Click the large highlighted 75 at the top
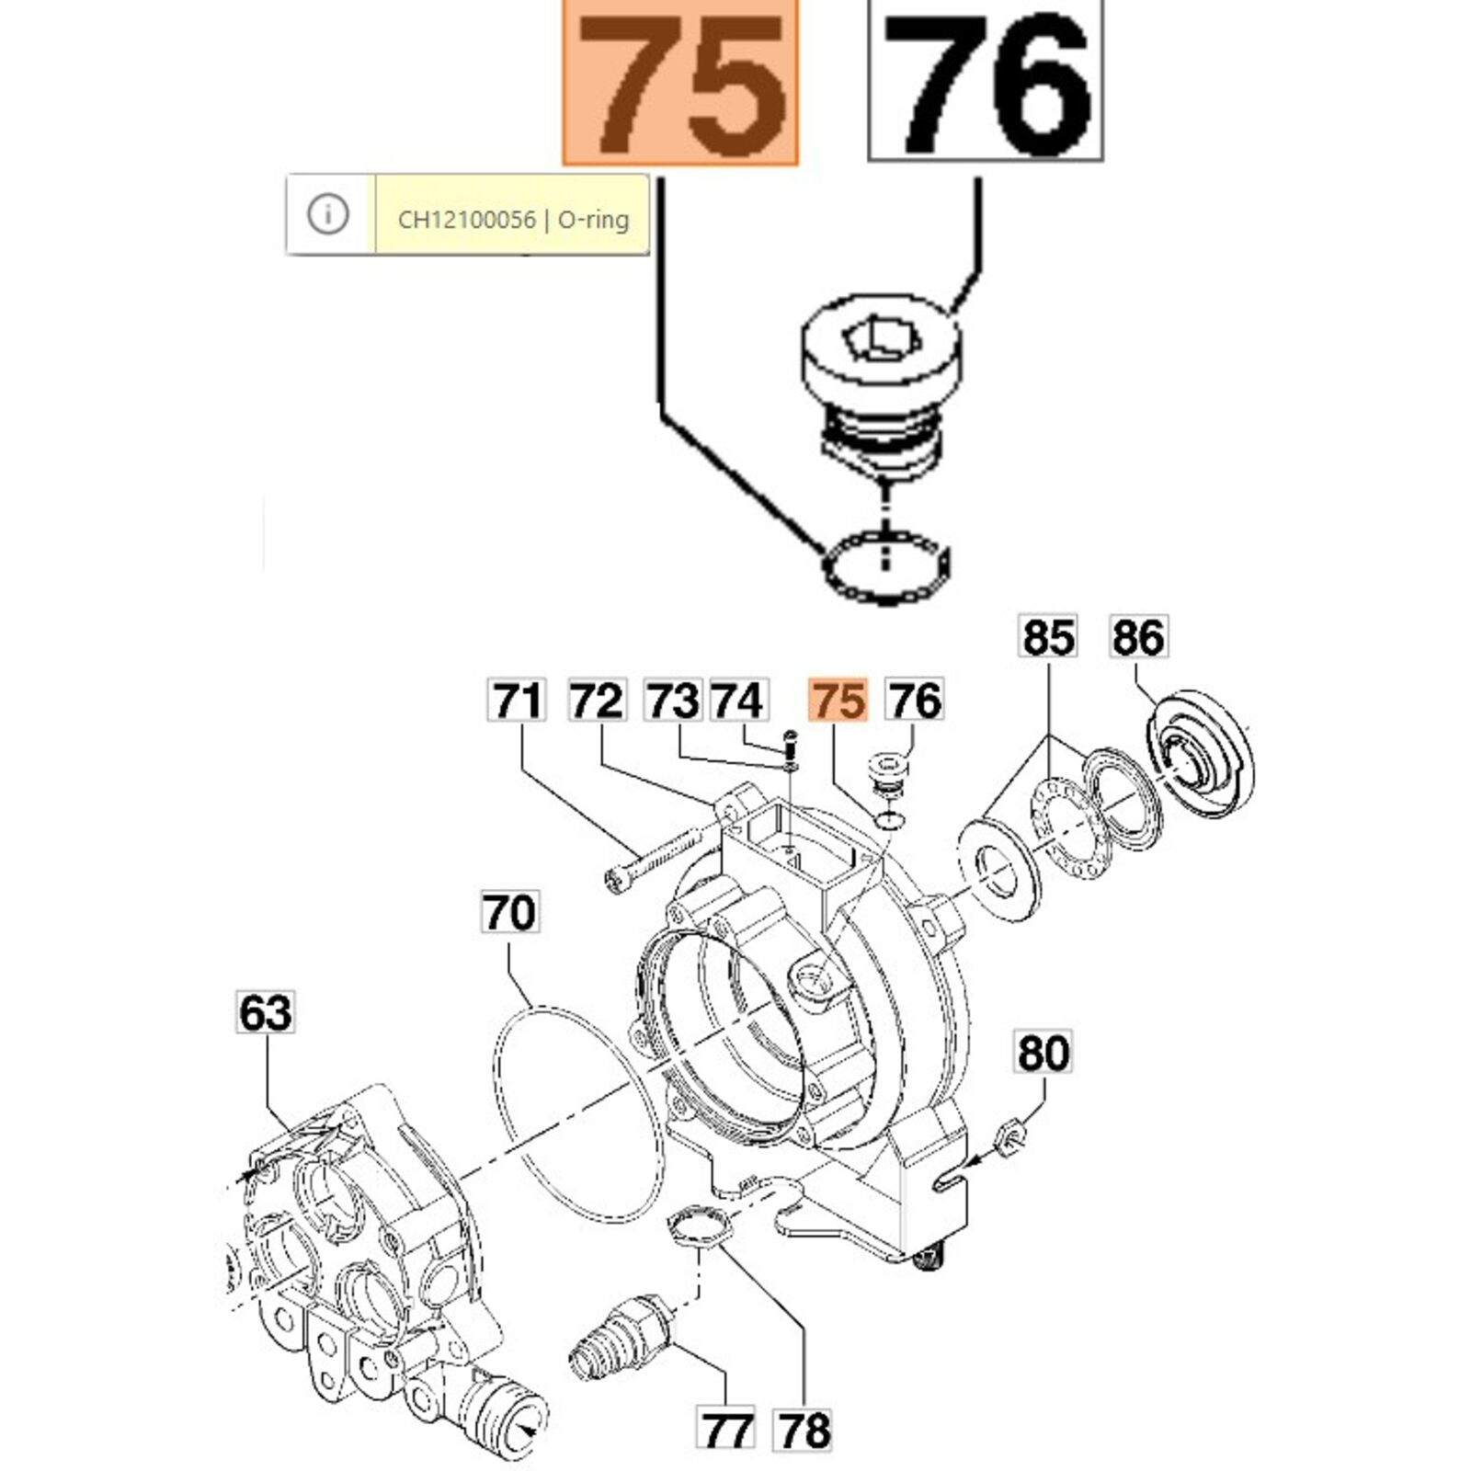tap(680, 83)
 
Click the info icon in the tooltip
tap(328, 214)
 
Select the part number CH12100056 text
tap(466, 220)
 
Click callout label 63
tap(266, 1012)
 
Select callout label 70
tap(510, 912)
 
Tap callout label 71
tap(518, 701)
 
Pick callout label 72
tap(598, 701)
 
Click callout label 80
tap(1043, 1053)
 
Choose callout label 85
tap(1048, 637)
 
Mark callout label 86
tap(1138, 637)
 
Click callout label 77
tap(725, 1430)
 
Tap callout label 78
tap(803, 1430)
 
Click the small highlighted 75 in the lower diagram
tap(838, 701)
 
